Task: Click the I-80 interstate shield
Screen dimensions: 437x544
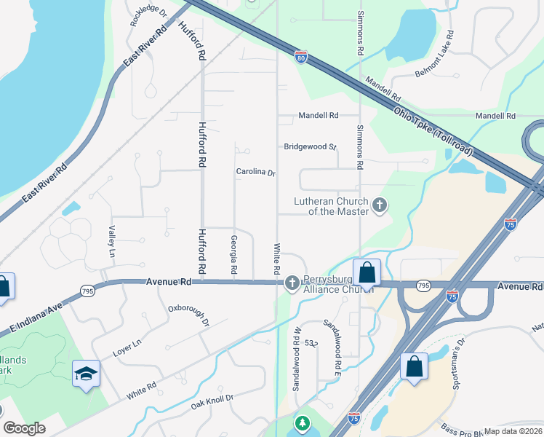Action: (301, 57)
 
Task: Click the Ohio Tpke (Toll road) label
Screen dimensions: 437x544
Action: (433, 132)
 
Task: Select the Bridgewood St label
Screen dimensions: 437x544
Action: (310, 146)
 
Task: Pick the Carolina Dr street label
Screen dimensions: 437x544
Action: (256, 173)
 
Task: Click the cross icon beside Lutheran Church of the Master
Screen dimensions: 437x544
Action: (378, 206)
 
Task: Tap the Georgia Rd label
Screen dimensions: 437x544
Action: (234, 254)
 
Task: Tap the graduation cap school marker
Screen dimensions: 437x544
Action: (86, 374)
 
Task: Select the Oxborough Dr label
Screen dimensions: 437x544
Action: (188, 315)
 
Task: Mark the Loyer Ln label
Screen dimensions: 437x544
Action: (127, 347)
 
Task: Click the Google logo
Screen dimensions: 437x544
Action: (24, 428)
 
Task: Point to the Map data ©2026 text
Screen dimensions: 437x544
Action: (513, 431)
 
